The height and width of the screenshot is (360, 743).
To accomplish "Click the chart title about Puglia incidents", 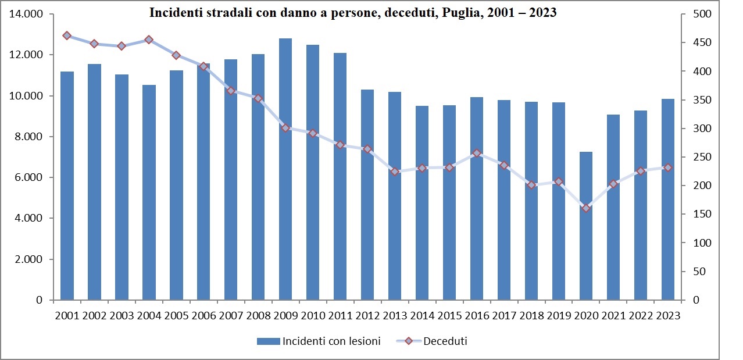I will click(353, 13).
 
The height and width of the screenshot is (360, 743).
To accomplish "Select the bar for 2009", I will click(285, 169).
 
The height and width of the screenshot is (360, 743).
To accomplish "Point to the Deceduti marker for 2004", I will click(149, 40).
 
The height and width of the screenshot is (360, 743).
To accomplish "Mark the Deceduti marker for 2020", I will click(586, 208).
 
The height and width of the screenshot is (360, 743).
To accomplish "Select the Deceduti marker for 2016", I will click(477, 154).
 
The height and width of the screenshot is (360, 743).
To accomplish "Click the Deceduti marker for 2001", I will click(67, 35).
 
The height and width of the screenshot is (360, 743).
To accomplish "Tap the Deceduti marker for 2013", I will click(395, 172).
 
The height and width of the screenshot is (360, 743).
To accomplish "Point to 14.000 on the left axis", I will click(27, 14).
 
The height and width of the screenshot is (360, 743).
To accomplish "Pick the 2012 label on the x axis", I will click(367, 316).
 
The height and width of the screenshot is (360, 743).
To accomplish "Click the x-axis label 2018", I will click(531, 316).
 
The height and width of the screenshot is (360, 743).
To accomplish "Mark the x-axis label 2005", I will click(176, 316).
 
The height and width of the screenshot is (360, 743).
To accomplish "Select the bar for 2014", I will click(422, 203).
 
